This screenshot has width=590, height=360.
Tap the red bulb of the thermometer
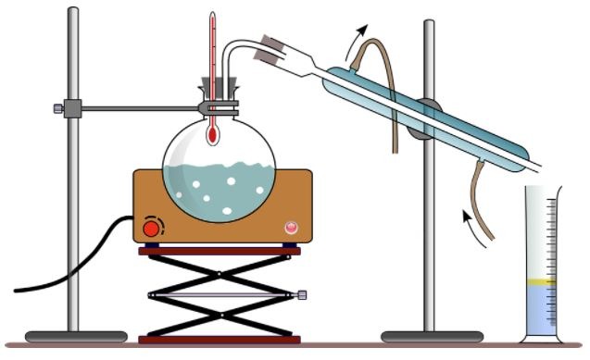(x=213, y=135)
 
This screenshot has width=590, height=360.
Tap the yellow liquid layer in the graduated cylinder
(x=540, y=281)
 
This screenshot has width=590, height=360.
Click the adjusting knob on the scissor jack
(x=303, y=296)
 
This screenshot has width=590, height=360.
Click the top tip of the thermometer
(x=213, y=15)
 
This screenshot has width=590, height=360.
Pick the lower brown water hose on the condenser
(x=480, y=186)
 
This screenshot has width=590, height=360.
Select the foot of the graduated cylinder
(x=540, y=338)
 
